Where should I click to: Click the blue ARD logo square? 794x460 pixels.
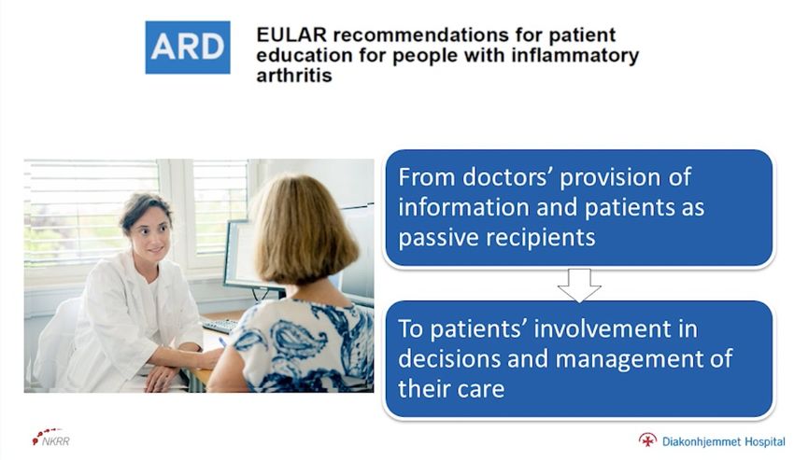click(x=188, y=47)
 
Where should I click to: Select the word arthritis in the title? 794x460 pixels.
click(x=294, y=76)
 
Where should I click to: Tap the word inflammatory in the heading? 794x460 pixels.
click(x=575, y=55)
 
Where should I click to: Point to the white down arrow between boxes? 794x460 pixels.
click(x=579, y=285)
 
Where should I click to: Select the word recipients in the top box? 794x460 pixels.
click(x=538, y=237)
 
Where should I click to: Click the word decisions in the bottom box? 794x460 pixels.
click(x=448, y=359)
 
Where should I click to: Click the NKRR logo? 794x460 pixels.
click(x=51, y=438)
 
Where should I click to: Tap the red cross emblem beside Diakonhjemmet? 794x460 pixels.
click(x=647, y=439)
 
